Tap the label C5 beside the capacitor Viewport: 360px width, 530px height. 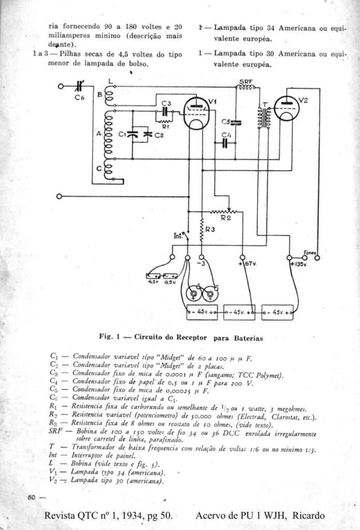pyautogui.click(x=226, y=122)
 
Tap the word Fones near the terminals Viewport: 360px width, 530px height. pyautogui.click(x=310, y=252)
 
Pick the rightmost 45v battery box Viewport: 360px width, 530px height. pyautogui.click(x=277, y=312)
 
